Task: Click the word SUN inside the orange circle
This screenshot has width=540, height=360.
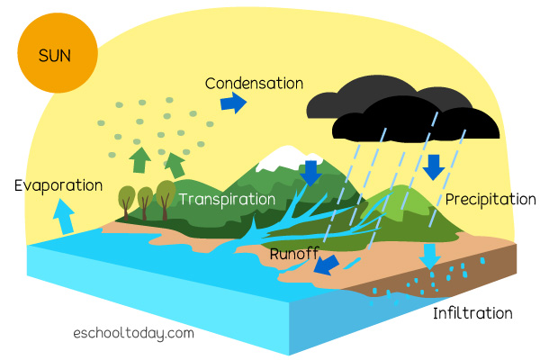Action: pos(55,56)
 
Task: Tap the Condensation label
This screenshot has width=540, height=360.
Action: pos(254,84)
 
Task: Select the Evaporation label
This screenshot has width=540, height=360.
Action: pos(58,185)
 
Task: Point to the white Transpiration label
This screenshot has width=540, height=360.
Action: pos(227,200)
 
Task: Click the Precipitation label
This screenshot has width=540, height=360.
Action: pos(490,200)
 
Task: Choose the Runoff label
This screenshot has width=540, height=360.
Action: pos(294,254)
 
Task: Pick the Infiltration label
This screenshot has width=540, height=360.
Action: pos(472,313)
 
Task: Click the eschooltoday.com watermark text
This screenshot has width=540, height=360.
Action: pos(133,334)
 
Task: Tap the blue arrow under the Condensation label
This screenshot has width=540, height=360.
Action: pos(233,103)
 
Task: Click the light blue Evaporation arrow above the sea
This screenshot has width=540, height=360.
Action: pos(65,216)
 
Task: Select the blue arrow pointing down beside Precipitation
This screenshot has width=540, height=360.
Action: pos(434,167)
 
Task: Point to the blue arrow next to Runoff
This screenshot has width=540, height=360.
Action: pos(327,265)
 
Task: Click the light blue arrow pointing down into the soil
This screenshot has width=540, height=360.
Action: pos(430,256)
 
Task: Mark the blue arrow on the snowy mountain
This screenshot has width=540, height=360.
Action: pos(311,174)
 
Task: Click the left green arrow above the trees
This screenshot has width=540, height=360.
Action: pos(139,160)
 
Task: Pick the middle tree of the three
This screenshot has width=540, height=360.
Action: pos(145,203)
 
